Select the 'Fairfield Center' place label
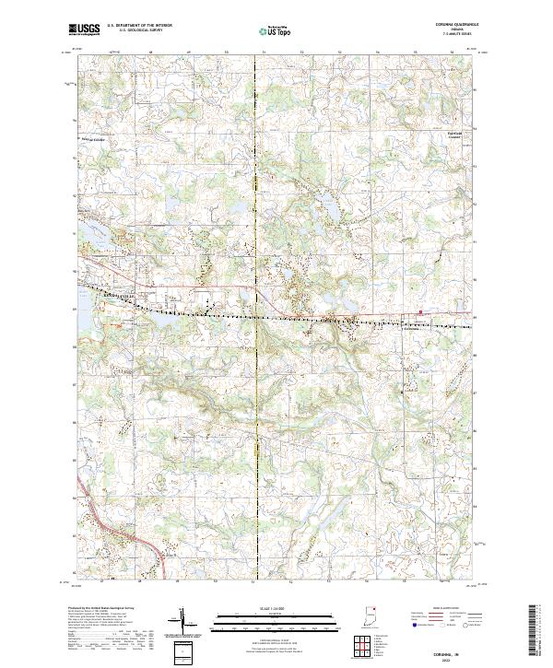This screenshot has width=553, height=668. pos(445,139)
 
